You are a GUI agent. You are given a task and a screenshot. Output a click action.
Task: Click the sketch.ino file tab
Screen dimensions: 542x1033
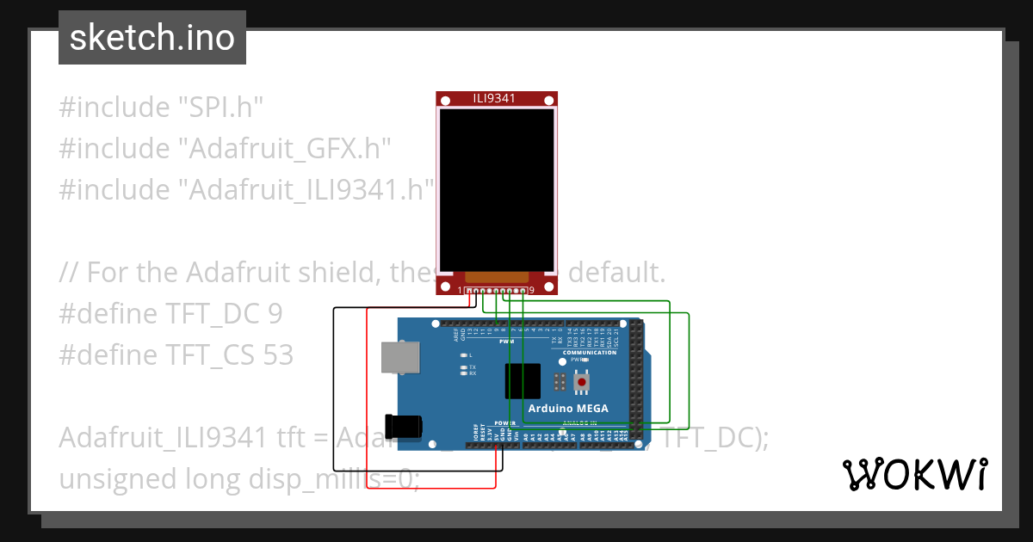click(x=152, y=38)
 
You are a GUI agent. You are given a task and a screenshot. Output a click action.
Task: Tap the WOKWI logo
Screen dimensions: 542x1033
click(x=914, y=474)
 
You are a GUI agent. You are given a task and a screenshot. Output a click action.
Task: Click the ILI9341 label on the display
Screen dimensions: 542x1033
click(x=494, y=98)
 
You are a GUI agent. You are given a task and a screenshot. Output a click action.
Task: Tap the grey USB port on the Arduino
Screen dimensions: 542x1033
click(x=399, y=357)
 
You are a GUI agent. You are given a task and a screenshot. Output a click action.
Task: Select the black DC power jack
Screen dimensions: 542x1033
click(x=404, y=426)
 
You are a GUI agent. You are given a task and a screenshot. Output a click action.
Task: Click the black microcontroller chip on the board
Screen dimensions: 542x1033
click(x=523, y=380)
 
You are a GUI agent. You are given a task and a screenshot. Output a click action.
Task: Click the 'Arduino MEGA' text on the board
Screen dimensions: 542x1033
click(x=568, y=408)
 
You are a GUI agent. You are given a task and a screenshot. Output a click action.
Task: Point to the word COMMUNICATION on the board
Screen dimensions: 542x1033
click(x=589, y=352)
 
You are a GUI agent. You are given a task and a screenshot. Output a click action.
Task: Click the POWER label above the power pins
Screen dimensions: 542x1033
click(x=505, y=423)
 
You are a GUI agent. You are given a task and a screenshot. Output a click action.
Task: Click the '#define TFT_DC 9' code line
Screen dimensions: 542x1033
click(x=170, y=313)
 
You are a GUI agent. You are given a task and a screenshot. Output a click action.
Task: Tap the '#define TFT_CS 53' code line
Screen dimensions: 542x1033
click(x=176, y=354)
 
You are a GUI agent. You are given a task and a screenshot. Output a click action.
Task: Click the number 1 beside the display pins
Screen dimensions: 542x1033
click(x=461, y=291)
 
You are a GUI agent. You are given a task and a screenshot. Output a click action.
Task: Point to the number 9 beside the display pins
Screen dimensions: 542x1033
click(x=532, y=291)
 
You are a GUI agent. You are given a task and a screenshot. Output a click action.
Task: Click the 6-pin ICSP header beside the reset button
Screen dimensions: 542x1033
click(x=560, y=381)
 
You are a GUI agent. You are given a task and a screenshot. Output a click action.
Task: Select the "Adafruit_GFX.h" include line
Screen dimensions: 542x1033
click(x=225, y=149)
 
